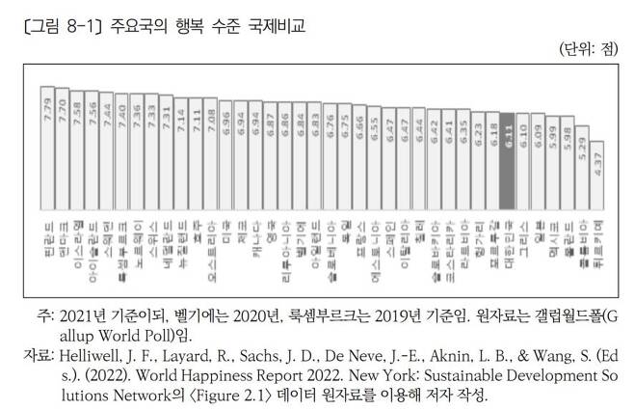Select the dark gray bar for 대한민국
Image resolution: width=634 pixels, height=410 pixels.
click(x=510, y=165)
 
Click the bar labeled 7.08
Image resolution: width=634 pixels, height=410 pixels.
click(x=210, y=153)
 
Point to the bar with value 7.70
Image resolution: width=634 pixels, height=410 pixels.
click(x=63, y=148)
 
